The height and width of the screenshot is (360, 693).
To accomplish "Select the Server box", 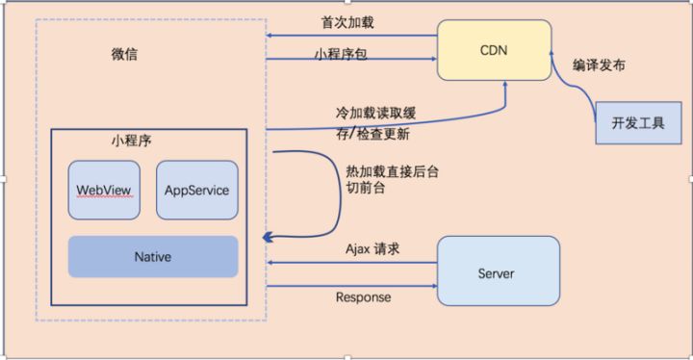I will pos(497,273).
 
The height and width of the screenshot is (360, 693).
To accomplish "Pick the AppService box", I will pos(196,190).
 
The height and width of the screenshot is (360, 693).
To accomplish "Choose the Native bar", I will pos(152,257).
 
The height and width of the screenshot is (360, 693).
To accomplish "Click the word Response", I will pos(363,297).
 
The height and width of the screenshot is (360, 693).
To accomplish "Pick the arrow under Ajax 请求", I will pos(351,262).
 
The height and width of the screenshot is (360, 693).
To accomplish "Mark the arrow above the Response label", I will pos(351,285).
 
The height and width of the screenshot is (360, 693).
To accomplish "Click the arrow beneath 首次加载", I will pos(351,36).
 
